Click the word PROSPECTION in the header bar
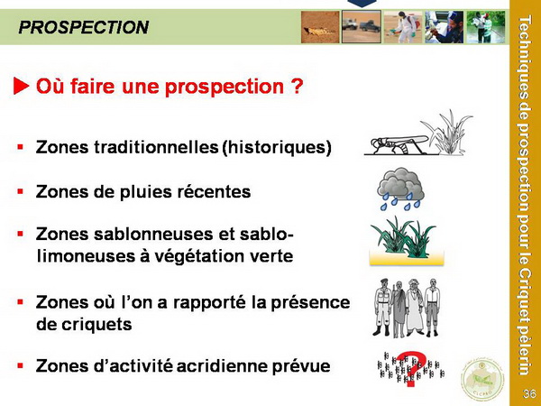coord(84,27)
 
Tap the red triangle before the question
coord(21,86)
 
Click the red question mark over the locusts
coord(410,369)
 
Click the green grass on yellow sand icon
coord(406,241)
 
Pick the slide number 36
coord(529,393)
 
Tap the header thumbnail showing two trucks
coord(362,27)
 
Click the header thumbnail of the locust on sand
coord(320,27)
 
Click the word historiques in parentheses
coord(277,147)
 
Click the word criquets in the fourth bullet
coord(84,324)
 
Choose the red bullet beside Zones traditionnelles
coord(21,147)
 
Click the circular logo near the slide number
coord(482,379)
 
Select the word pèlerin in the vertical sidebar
coord(525,351)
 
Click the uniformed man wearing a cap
coord(383,307)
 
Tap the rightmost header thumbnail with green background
coord(486,27)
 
